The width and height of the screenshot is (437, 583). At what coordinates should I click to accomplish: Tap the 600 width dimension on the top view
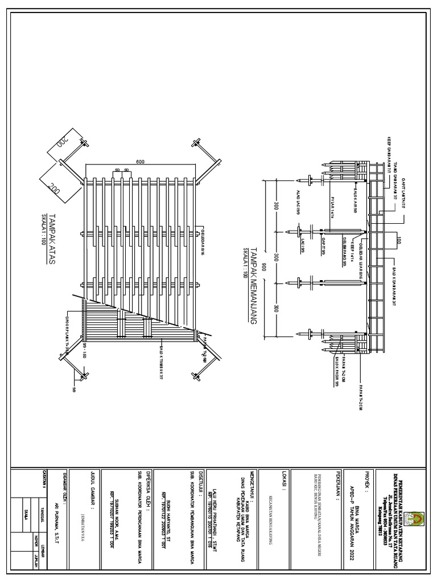[x=140, y=161]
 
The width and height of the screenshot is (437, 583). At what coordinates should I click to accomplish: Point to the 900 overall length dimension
[x=263, y=251]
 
